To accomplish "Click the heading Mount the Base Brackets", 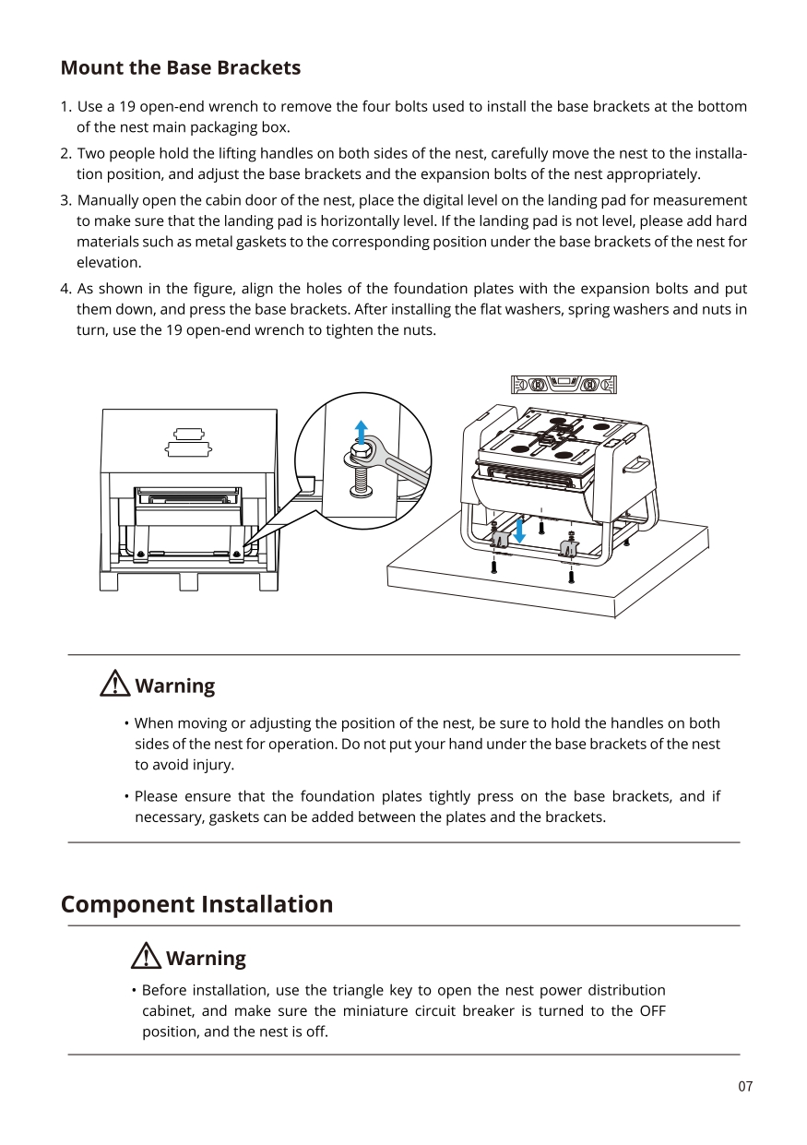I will click(180, 68).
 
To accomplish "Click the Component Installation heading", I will click(196, 904).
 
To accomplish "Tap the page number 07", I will click(745, 1087).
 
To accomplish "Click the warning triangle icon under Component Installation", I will click(146, 957).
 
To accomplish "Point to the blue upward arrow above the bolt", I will click(362, 432).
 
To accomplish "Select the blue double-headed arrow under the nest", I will click(519, 530).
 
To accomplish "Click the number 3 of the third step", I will click(65, 200).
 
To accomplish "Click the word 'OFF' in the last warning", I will click(652, 1011).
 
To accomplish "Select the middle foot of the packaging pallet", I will click(189, 581).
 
